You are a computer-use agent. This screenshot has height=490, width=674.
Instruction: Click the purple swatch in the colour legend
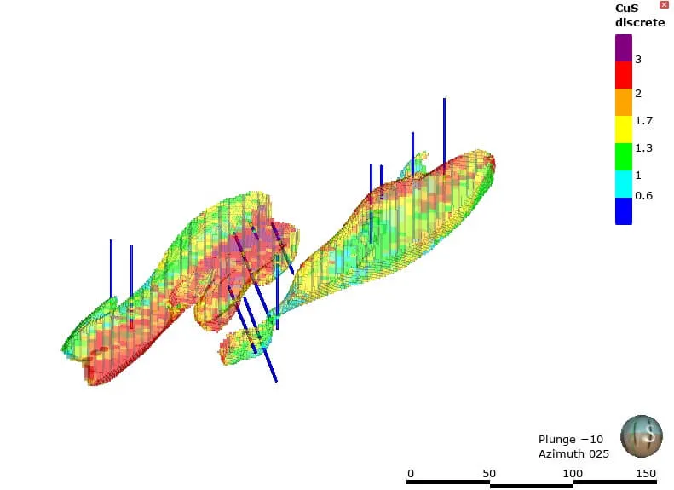(x=623, y=48)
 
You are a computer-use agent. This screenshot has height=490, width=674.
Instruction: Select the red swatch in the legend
(x=623, y=75)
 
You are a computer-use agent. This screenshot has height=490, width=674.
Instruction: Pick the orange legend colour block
(x=623, y=102)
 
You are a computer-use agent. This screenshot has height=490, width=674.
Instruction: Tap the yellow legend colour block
(x=623, y=130)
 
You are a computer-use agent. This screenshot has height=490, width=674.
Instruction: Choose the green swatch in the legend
(x=623, y=157)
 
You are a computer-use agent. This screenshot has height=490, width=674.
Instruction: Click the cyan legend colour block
(x=623, y=184)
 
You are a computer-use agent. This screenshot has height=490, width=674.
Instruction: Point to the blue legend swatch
(x=623, y=211)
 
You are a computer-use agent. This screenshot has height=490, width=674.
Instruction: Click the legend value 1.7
(x=644, y=121)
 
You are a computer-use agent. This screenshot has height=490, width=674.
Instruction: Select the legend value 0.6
(x=644, y=195)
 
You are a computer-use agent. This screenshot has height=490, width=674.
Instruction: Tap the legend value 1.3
(x=644, y=148)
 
